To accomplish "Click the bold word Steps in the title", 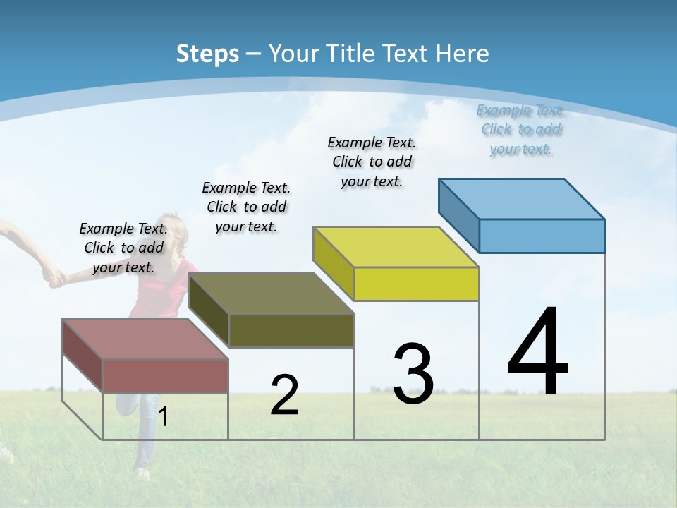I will tap(207, 54).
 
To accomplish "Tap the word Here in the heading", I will tap(462, 54).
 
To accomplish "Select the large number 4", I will tap(537, 352).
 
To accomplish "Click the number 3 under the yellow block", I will tap(413, 374).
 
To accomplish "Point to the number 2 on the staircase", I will tap(284, 395).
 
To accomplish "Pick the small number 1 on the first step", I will tap(164, 417).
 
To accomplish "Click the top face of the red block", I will tap(145, 339).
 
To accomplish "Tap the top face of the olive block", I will tap(272, 294).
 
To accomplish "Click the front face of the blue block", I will tap(542, 236).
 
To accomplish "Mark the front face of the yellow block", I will tap(416, 284).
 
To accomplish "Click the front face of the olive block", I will tap(291, 331).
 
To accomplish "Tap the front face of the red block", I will tap(166, 376).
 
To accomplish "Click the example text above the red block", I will tap(123, 248).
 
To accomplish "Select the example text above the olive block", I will tap(246, 207).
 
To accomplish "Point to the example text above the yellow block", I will tap(372, 162).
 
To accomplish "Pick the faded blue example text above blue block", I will tap(521, 129).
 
